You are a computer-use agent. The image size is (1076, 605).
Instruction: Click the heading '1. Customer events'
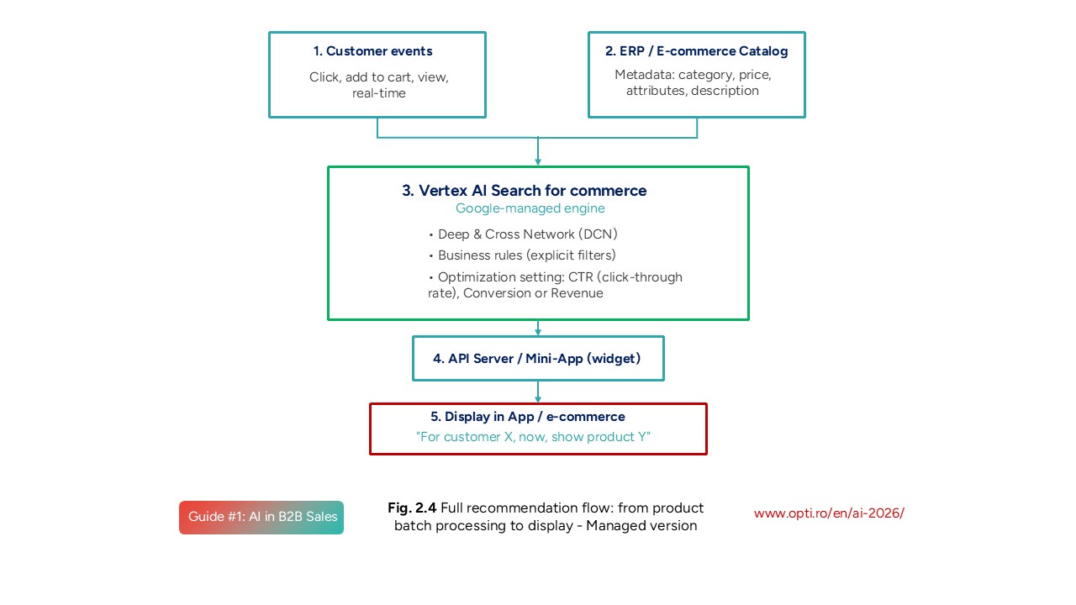(x=372, y=51)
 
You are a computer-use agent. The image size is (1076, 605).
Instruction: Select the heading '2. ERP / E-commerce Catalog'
(x=696, y=51)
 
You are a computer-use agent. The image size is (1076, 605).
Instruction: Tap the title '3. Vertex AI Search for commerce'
(x=524, y=191)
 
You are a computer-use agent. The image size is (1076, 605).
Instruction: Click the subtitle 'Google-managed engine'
(x=530, y=208)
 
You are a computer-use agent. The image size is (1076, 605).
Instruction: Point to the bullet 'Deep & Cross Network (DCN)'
(x=528, y=234)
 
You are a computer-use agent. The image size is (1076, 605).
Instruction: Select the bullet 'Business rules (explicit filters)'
(x=527, y=255)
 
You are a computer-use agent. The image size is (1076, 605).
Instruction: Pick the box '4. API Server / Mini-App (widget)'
(x=537, y=359)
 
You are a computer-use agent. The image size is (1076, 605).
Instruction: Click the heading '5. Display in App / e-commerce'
(x=528, y=417)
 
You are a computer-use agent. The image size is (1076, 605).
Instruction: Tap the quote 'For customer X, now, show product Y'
(x=533, y=437)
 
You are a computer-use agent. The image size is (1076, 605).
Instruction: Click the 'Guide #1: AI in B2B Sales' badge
(x=261, y=518)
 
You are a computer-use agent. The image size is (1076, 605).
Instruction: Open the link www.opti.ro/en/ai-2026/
(x=829, y=513)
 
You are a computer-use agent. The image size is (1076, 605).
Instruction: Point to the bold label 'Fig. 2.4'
(x=409, y=508)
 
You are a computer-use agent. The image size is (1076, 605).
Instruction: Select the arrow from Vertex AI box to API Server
(x=538, y=329)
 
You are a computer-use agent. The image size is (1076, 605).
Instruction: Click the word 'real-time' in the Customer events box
(x=378, y=93)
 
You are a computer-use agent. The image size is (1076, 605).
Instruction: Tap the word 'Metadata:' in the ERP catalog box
(x=644, y=75)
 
